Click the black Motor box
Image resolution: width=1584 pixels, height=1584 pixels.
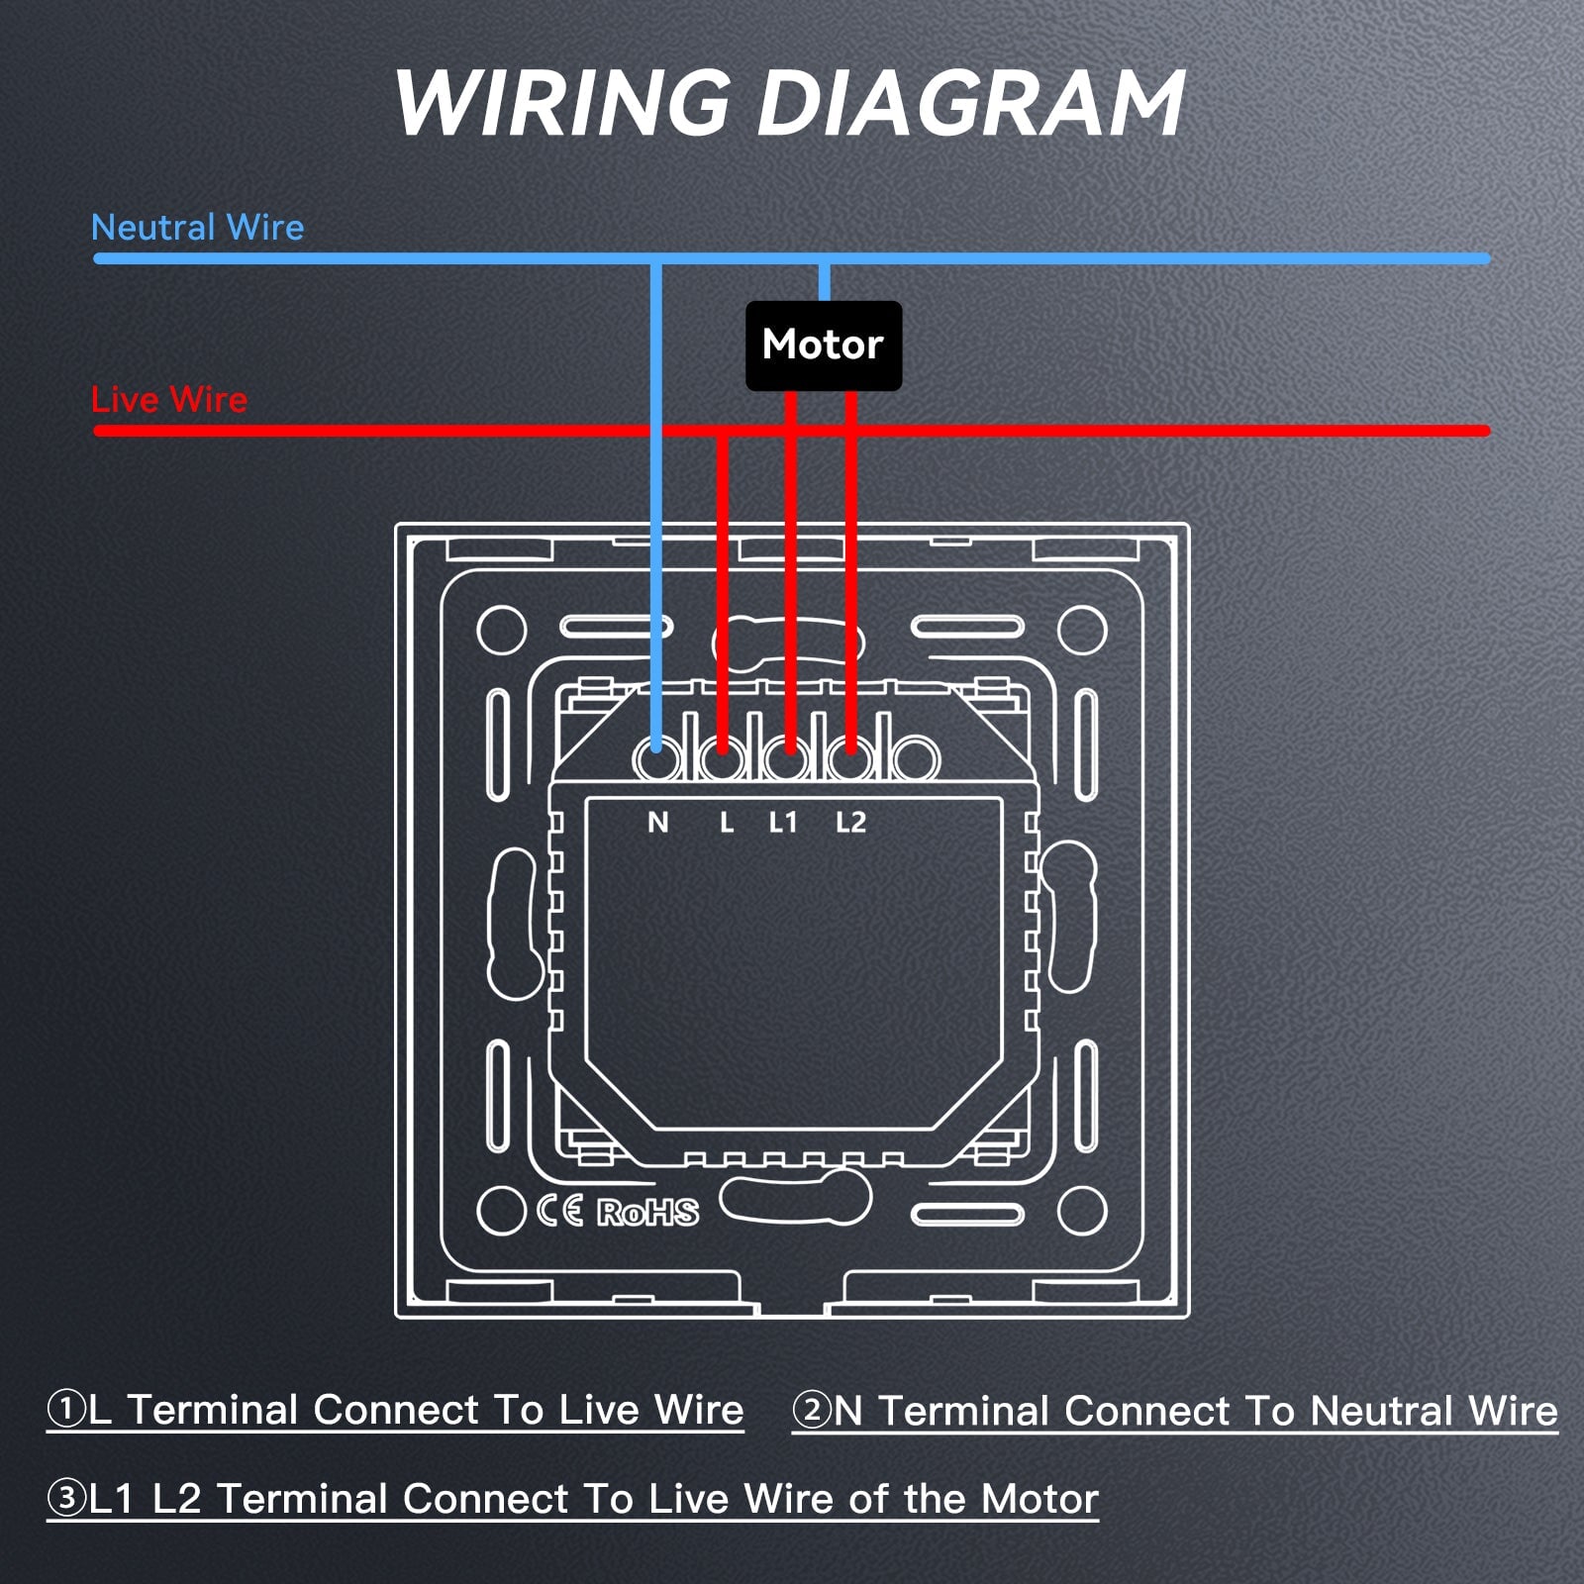tap(824, 346)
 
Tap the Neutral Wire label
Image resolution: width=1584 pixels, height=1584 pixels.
tap(197, 228)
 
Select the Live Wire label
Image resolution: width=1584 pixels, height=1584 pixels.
tap(169, 400)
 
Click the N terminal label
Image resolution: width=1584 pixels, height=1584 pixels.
tap(658, 822)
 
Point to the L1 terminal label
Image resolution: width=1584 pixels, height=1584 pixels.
tap(783, 822)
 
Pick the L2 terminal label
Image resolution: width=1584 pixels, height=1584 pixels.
tap(850, 822)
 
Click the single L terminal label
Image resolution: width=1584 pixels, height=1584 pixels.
tap(727, 822)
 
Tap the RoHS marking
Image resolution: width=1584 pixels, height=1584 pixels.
tap(647, 1212)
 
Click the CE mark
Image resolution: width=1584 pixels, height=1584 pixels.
tap(560, 1211)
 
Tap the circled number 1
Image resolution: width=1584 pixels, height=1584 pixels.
tap(66, 1409)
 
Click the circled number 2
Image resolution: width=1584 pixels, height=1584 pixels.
tap(812, 1410)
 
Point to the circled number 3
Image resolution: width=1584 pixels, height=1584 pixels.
tap(67, 1498)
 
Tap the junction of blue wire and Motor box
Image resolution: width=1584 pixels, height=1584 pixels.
tap(824, 301)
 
